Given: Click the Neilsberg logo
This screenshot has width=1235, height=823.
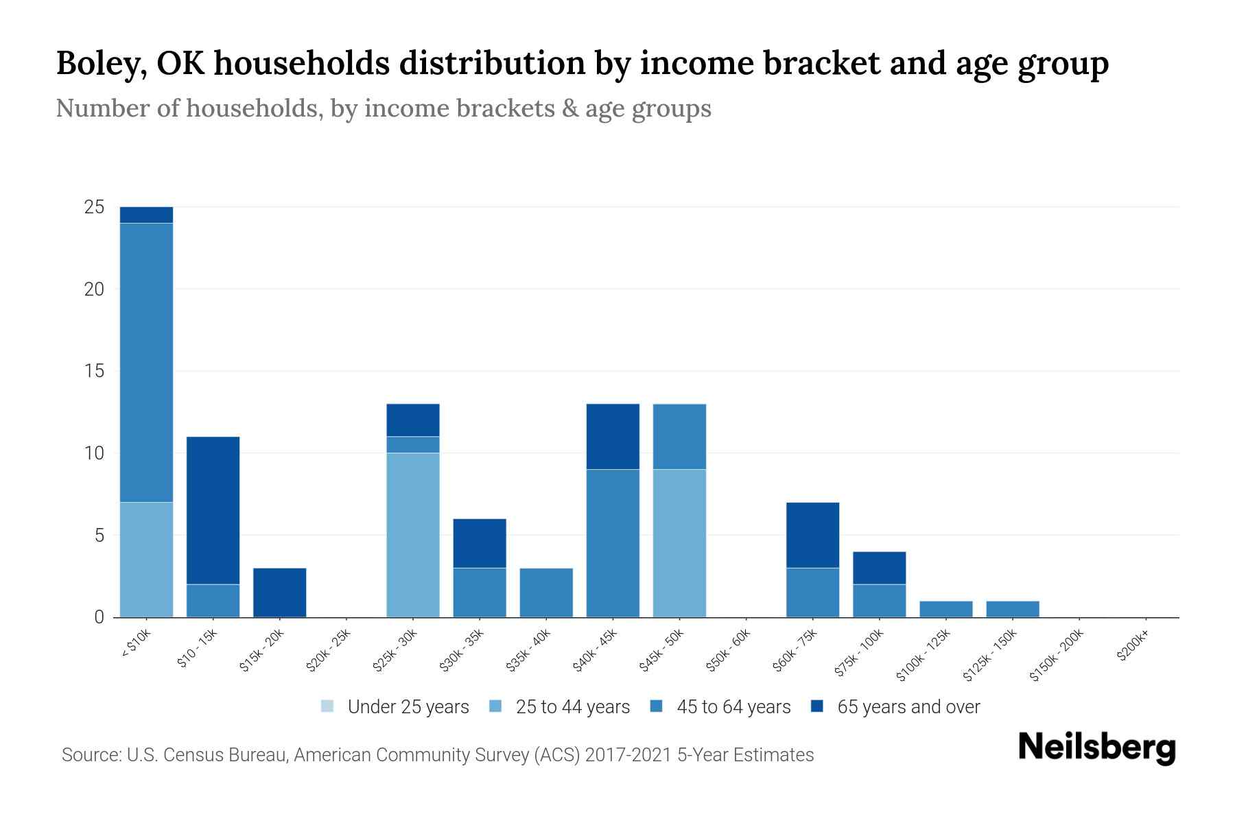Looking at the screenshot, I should tap(1096, 748).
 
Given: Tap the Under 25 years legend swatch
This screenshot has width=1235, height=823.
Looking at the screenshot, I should tap(327, 706).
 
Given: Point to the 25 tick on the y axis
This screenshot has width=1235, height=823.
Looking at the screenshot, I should tap(94, 207).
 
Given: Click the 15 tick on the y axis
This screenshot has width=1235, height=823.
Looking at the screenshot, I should tap(94, 371).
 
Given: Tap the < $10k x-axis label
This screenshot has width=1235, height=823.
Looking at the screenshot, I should tap(137, 643).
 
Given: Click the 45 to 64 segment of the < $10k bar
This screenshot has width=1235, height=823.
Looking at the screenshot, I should tap(146, 363).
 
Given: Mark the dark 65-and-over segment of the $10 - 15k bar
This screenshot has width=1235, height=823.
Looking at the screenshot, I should tap(213, 510).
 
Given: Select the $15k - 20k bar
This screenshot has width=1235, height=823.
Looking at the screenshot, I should tap(279, 593).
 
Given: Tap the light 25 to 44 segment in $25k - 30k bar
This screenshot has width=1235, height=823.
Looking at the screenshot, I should tap(413, 535).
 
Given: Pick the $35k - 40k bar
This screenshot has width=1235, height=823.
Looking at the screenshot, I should tap(546, 593).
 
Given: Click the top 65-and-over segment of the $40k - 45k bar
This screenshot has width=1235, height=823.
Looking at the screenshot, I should tap(613, 436).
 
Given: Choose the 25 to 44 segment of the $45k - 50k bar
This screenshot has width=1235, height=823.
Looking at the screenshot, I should tap(679, 543).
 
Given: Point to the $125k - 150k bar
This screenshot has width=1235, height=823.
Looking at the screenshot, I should tap(1013, 609).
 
